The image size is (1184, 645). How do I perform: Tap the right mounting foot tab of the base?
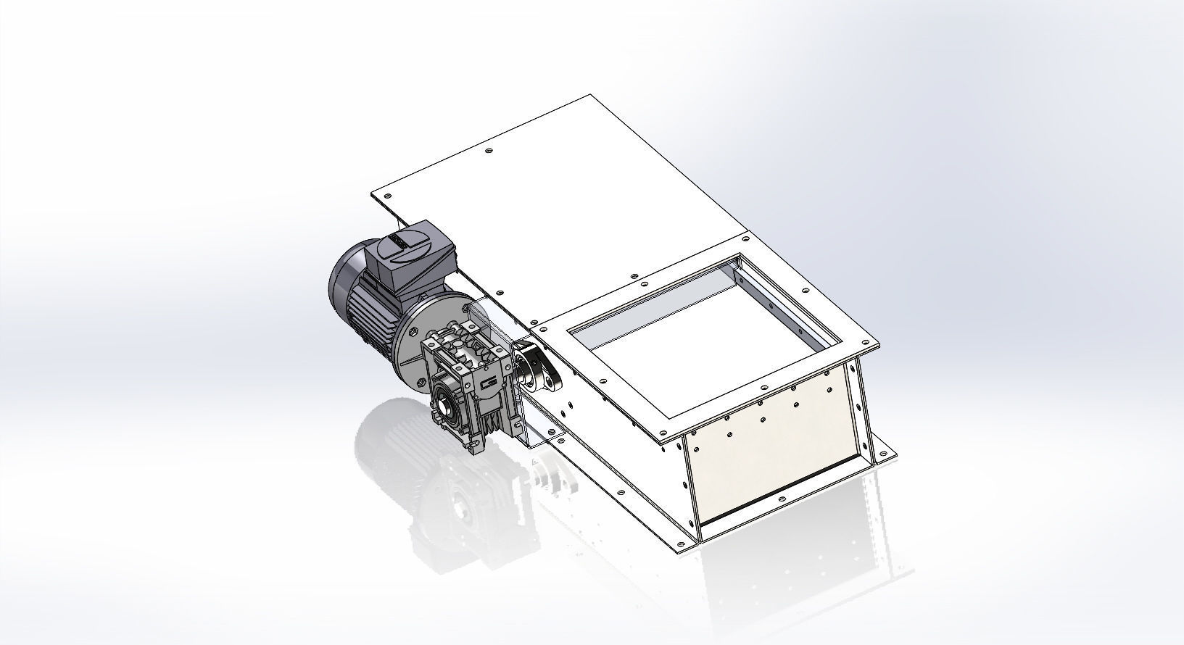884,453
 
